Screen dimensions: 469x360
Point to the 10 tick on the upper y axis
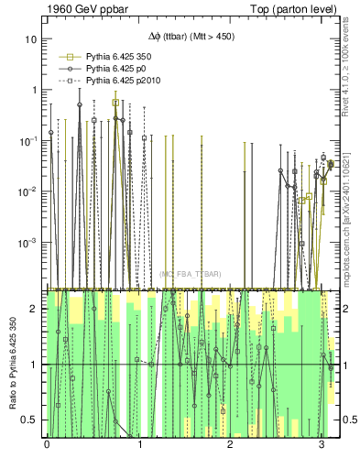(x=31, y=40)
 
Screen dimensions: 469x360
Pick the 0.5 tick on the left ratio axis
(x=30, y=420)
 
